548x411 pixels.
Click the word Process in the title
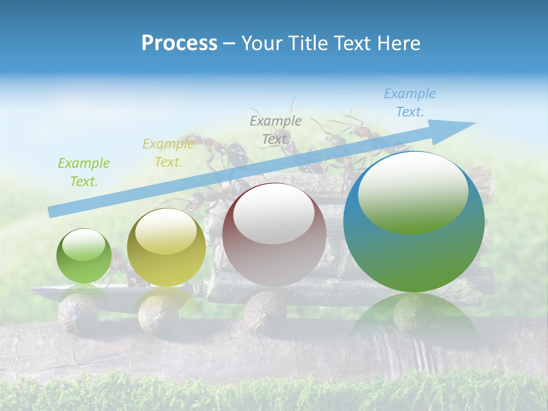click(x=179, y=43)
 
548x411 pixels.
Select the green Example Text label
click(x=83, y=172)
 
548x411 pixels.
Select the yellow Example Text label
click(x=168, y=153)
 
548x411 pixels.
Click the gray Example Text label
click(x=276, y=130)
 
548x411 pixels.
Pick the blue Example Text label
click(x=409, y=103)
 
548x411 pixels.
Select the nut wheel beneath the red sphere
click(x=265, y=310)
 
